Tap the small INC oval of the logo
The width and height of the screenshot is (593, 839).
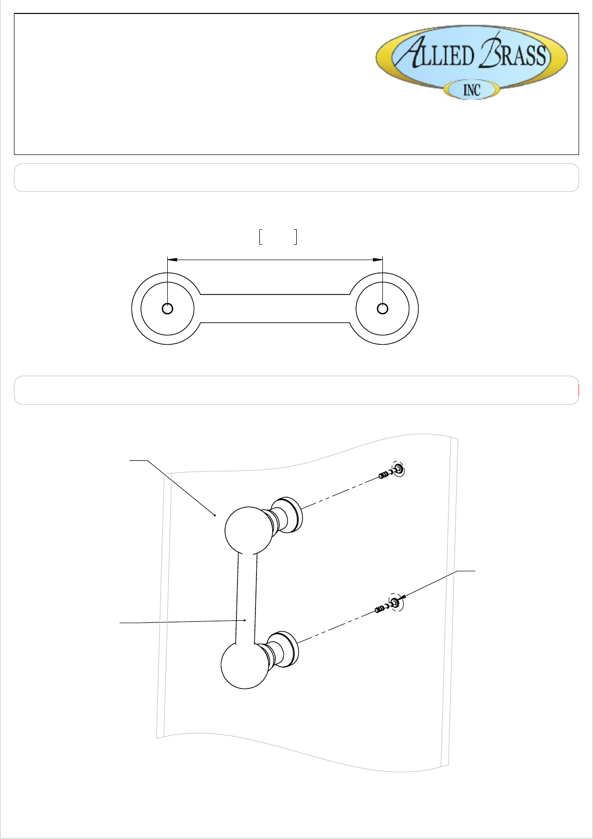tap(472, 90)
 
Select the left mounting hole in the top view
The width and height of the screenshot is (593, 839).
tap(167, 308)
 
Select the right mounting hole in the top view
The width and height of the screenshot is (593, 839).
tap(382, 308)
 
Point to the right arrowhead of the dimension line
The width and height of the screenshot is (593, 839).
tap(377, 259)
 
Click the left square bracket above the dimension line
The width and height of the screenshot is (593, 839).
tap(260, 237)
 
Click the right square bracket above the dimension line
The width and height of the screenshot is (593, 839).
tap(295, 237)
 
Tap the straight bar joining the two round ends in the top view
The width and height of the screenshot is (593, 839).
tap(275, 308)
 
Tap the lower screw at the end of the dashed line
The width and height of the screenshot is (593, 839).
tap(381, 609)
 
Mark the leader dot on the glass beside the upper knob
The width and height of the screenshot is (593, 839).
tap(215, 515)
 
